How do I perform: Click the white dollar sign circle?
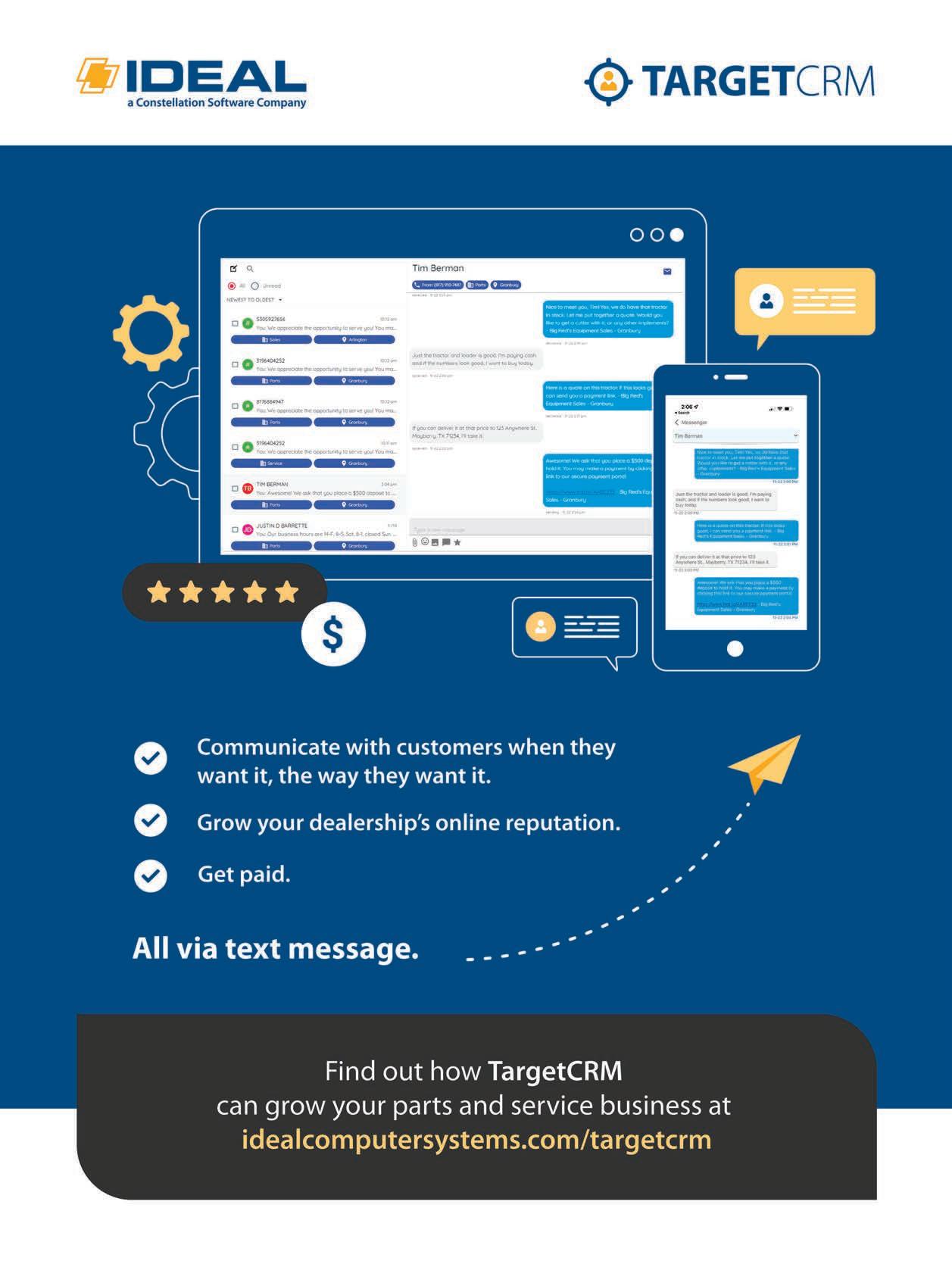[x=333, y=635]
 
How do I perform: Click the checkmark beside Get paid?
[x=151, y=875]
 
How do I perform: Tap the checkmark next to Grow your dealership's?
[x=151, y=820]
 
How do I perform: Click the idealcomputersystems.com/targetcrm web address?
[x=476, y=1140]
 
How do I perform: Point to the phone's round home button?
[x=735, y=648]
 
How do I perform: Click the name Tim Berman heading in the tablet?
[x=438, y=268]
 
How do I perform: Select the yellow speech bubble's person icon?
[x=766, y=301]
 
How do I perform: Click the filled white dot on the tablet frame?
[x=677, y=235]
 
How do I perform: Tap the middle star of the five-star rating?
[x=223, y=591]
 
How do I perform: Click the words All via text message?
[x=276, y=948]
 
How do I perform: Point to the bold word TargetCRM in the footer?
[x=555, y=1071]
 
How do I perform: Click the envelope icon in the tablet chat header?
[x=667, y=271]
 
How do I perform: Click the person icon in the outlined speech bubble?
[x=541, y=626]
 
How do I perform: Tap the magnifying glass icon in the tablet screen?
[x=250, y=269]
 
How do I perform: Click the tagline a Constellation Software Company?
[x=217, y=103]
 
